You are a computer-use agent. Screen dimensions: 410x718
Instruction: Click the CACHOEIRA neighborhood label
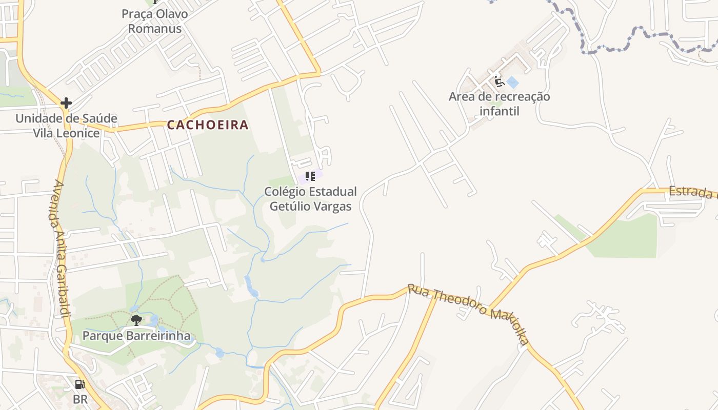208,125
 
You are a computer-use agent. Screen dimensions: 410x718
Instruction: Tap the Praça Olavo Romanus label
154,21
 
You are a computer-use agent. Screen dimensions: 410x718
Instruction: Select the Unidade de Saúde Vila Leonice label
66,126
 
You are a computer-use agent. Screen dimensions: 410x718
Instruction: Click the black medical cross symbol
66,103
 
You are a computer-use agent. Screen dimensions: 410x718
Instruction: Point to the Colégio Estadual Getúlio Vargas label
310,199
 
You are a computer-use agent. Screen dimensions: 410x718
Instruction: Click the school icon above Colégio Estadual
310,176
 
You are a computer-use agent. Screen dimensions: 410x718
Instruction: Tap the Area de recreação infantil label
499,104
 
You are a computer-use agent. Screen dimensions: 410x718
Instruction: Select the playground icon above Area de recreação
499,81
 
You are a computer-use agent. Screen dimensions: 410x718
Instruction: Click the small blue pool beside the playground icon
512,83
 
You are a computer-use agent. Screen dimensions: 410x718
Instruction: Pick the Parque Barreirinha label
136,336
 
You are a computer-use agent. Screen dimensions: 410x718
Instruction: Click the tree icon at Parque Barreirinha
136,321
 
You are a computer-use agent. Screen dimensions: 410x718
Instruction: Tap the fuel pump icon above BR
80,384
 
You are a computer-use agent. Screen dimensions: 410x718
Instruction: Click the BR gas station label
80,399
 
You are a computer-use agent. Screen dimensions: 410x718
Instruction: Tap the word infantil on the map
499,111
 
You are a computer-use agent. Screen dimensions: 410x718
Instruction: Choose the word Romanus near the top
154,28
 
